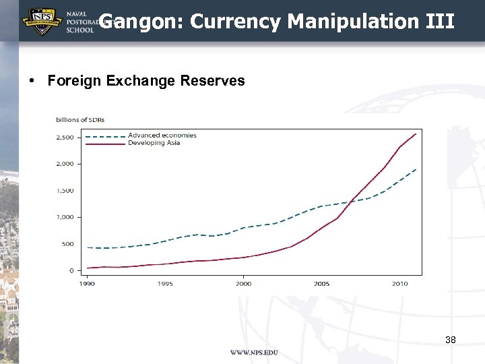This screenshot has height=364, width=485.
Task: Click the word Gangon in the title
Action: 141,22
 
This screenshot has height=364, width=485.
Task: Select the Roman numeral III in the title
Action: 441,22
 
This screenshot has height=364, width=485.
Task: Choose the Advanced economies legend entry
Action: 162,135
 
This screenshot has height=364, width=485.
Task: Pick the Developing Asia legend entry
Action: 154,143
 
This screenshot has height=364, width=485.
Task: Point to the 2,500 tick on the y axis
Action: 65,138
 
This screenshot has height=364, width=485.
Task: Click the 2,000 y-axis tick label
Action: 65,164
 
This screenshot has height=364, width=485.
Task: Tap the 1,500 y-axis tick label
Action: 65,191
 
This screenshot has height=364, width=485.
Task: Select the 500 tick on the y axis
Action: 68,244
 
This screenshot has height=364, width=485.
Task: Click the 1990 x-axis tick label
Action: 87,284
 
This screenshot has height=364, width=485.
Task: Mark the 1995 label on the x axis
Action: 165,284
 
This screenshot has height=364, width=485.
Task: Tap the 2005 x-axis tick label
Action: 321,284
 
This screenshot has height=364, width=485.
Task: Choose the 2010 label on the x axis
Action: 399,284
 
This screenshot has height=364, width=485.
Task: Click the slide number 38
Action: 451,340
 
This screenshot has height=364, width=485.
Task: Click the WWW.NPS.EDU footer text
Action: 254,353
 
